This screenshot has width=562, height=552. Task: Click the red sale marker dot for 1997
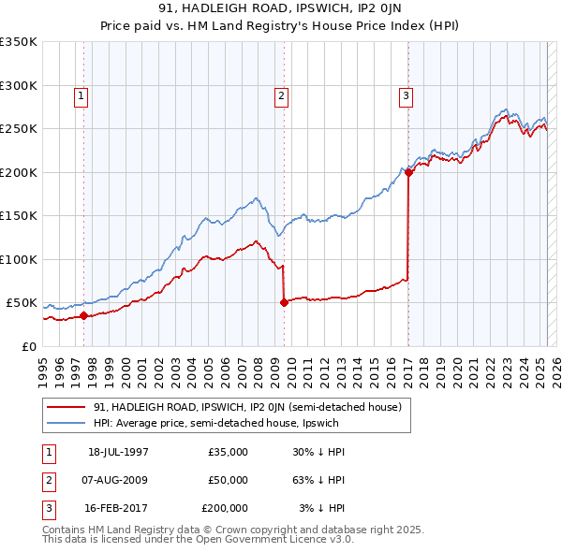pos(83,315)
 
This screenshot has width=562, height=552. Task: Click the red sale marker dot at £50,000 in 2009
pos(284,302)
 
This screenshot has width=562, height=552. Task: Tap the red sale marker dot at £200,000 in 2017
pos(408,172)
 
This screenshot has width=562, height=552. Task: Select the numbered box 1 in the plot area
pos(81,94)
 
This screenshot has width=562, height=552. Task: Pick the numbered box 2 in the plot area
pos(281,94)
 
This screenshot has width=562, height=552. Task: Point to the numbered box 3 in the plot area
pos(406,94)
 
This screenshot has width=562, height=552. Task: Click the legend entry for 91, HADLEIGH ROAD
pos(247,407)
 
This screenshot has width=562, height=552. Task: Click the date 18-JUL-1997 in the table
pos(119,453)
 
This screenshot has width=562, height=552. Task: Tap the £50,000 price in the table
pos(228,480)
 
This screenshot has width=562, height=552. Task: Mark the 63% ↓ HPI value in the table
pos(318,480)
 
